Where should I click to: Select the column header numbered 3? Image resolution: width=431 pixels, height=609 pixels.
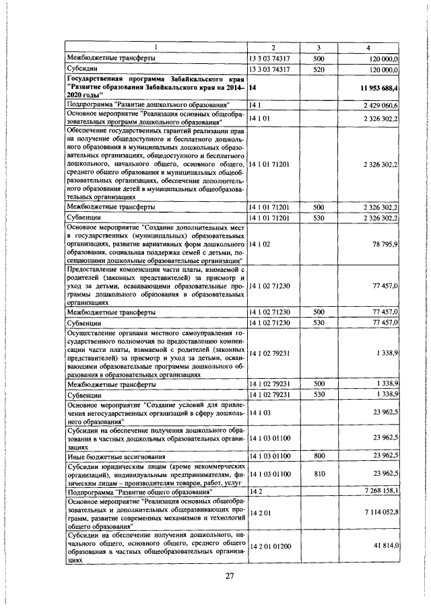coord(319,46)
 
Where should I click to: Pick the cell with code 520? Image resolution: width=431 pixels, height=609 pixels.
coord(319,69)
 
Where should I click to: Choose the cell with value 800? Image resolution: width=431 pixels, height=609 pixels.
coord(319,456)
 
